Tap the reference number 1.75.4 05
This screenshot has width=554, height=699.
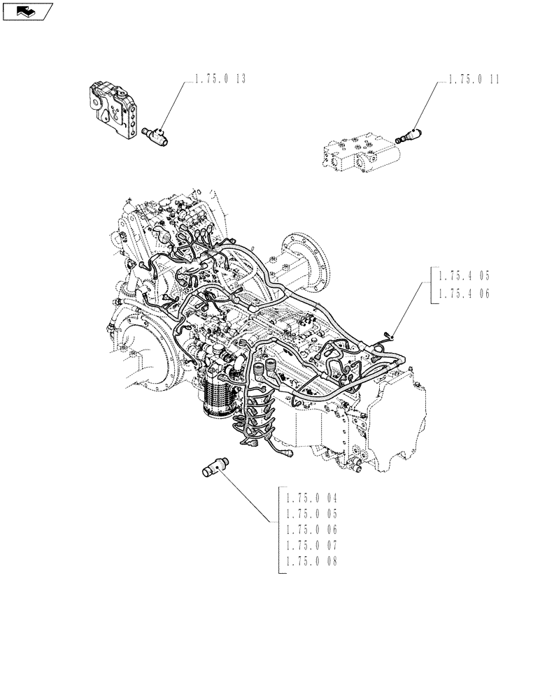464,276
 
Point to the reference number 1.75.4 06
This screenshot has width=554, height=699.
464,294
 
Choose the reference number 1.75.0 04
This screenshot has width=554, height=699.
311,499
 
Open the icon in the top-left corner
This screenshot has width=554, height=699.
28,11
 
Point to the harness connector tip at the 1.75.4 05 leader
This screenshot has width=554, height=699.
388,339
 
